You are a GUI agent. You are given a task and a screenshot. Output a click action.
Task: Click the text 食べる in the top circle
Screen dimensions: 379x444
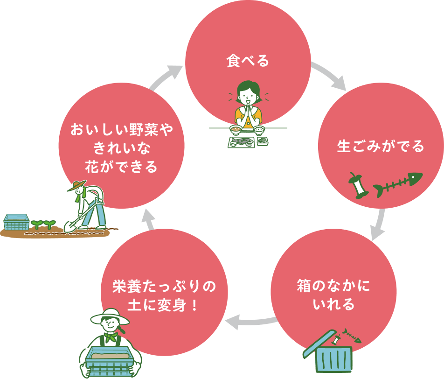(248, 61)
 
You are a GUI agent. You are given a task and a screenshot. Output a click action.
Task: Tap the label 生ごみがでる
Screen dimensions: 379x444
(381, 147)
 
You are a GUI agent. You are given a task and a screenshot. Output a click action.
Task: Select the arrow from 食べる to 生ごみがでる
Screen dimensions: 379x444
(329, 76)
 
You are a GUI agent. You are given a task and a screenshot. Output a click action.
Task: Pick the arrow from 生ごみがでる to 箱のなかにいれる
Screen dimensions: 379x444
(380, 225)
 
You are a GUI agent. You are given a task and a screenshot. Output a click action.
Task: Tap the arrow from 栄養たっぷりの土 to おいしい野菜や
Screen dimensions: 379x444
(148, 219)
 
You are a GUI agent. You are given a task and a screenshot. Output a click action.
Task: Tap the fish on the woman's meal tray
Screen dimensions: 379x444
(243, 140)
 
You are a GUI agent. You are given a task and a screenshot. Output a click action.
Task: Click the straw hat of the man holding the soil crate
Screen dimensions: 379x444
(110, 316)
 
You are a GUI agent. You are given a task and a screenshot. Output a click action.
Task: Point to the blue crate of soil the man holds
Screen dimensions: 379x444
(108, 361)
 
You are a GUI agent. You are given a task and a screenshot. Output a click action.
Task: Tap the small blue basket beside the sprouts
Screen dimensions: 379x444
(16, 222)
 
